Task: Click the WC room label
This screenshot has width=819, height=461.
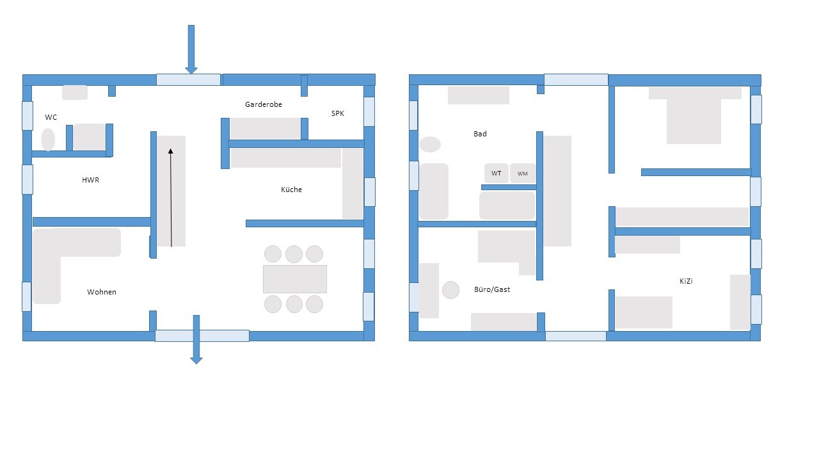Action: tap(51, 117)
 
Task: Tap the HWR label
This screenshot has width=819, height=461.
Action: tap(90, 180)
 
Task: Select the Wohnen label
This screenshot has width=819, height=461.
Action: tap(102, 292)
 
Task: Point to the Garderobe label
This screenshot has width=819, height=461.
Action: tap(263, 104)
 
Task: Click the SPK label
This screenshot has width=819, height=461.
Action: tap(337, 113)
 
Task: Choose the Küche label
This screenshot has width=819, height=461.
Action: tap(291, 190)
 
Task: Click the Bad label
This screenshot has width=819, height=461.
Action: tap(480, 134)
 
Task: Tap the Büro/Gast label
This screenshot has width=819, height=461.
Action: tap(492, 289)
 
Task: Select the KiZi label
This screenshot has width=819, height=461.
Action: tap(686, 281)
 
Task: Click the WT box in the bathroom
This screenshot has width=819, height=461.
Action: tap(496, 173)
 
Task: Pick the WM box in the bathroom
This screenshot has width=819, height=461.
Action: tap(523, 173)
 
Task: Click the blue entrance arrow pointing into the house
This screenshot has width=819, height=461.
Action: tap(191, 49)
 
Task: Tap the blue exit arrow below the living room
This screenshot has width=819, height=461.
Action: tap(196, 339)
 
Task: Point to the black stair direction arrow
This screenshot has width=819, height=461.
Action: tap(171, 198)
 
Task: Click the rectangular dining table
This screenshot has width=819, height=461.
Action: tap(295, 279)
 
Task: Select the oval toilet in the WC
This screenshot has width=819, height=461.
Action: tap(48, 140)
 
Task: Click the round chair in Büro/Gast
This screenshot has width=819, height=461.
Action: tap(451, 290)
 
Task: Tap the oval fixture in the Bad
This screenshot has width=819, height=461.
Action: tap(430, 145)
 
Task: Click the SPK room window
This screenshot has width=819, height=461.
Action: tap(369, 111)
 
